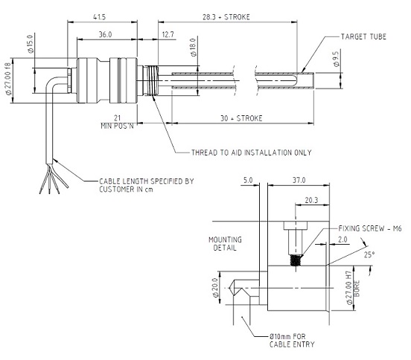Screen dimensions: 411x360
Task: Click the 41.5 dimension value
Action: [99, 17]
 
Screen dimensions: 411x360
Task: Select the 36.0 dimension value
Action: [106, 34]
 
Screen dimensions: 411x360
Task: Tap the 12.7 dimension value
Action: [168, 34]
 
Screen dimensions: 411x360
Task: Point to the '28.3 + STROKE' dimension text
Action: [226, 17]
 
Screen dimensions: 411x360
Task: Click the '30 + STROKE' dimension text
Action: [241, 118]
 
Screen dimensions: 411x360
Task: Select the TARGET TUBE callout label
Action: [363, 36]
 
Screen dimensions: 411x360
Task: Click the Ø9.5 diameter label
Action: [336, 59]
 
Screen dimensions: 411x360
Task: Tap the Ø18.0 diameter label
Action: [193, 48]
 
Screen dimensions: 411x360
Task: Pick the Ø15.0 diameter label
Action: [31, 44]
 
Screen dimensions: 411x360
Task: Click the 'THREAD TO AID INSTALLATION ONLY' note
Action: [252, 152]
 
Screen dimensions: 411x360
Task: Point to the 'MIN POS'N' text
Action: [117, 126]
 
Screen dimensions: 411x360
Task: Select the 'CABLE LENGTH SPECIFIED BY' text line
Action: [147, 181]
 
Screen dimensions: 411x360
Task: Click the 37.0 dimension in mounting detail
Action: [299, 180]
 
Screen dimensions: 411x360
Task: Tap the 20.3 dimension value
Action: [311, 200]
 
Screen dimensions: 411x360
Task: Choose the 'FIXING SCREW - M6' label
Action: [370, 228]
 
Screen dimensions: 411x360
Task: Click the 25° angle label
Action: [369, 254]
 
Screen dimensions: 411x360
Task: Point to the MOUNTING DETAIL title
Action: [225, 244]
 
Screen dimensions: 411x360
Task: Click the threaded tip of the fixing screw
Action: [296, 260]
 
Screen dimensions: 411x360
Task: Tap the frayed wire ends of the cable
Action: [53, 179]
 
